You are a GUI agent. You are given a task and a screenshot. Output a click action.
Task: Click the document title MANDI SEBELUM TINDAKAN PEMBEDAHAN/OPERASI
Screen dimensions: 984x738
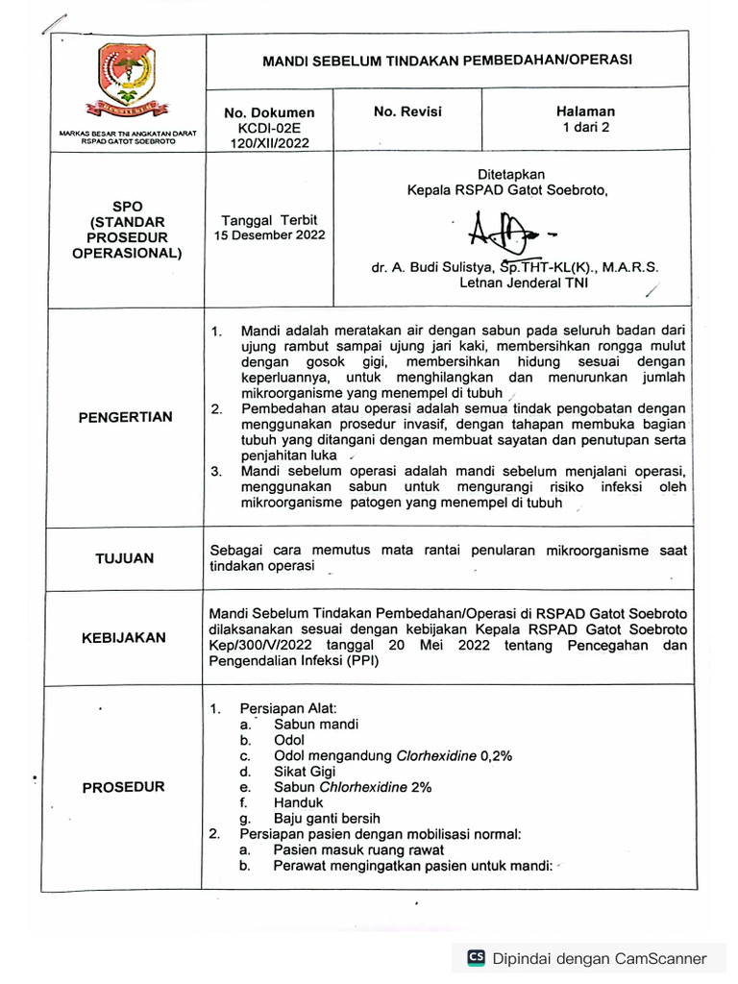pyautogui.click(x=447, y=60)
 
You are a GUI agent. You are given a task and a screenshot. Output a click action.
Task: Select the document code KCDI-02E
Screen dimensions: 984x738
pyautogui.click(x=269, y=128)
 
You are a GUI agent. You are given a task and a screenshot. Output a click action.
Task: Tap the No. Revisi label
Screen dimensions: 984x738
pyautogui.click(x=407, y=111)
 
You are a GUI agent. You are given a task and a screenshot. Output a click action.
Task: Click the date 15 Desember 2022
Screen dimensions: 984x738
pyautogui.click(x=269, y=234)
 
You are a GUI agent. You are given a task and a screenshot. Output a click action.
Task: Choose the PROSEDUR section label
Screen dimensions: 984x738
pyautogui.click(x=124, y=786)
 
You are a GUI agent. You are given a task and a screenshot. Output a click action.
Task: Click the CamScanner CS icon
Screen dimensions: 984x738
pyautogui.click(x=476, y=957)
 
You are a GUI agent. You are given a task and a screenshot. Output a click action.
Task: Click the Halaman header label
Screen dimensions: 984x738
pyautogui.click(x=585, y=111)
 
